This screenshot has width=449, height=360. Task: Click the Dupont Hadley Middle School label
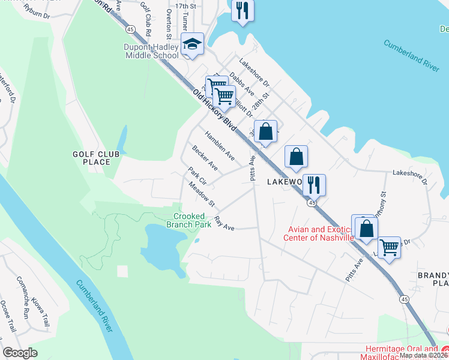(152, 51)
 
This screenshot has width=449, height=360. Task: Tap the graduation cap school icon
(193, 44)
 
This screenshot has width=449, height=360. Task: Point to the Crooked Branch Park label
(192, 220)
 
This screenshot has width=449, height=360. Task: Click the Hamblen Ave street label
(220, 145)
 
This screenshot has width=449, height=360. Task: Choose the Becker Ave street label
(205, 157)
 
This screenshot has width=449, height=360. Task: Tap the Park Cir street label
(197, 176)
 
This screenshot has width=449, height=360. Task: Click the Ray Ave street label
(224, 224)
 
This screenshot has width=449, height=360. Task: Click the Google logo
(20, 353)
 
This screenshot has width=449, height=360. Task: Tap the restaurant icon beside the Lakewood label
(313, 184)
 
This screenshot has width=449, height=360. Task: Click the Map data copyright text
(423, 355)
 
